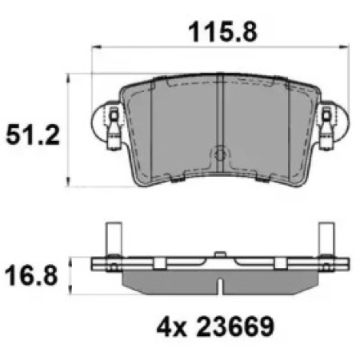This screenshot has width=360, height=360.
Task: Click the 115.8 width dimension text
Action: point(222,33)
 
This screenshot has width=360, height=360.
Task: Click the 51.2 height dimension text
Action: point(33,135)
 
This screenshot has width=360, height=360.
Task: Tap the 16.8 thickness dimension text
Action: point(31,276)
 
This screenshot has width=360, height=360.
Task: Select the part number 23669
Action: point(235,326)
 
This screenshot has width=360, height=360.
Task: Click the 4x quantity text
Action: point(171,327)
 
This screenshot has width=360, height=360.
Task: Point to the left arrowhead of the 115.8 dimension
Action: point(96,47)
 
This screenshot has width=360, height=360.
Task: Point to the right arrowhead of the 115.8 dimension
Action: point(344,47)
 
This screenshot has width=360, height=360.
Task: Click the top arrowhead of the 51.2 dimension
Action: point(68,78)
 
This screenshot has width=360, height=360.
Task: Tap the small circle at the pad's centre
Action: point(220,154)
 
